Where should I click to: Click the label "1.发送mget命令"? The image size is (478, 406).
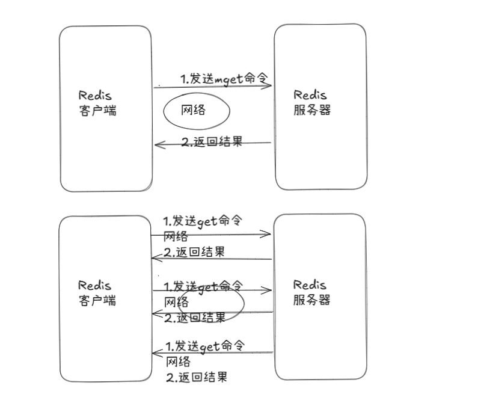[224, 79]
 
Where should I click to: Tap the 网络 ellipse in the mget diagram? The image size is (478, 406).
[197, 111]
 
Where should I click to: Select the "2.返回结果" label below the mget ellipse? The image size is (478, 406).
[212, 143]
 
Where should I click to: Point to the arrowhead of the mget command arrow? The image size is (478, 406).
[269, 86]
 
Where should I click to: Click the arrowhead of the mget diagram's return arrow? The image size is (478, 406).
[158, 144]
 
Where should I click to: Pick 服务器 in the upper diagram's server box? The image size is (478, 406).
[312, 110]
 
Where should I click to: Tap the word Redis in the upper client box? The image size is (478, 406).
[95, 96]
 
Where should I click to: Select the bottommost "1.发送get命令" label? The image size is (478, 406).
[206, 346]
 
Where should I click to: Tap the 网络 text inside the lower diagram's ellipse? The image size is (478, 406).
[177, 301]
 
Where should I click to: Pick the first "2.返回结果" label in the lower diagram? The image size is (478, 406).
[194, 253]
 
